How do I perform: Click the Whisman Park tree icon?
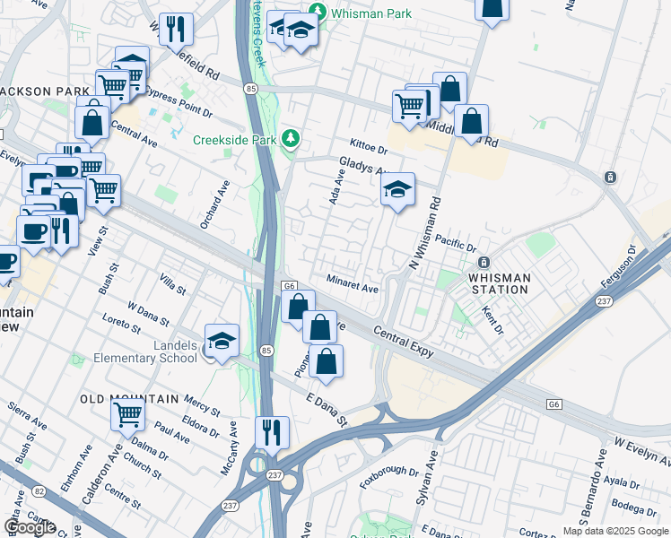[316, 12]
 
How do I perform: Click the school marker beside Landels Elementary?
[222, 341]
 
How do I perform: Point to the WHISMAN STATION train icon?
[483, 263]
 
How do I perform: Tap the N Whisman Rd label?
[425, 223]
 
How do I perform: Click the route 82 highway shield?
[39, 490]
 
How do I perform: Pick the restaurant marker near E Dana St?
[270, 432]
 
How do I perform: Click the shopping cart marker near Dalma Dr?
[127, 415]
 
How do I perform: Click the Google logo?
[30, 527]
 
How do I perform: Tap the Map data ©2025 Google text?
[615, 531]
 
